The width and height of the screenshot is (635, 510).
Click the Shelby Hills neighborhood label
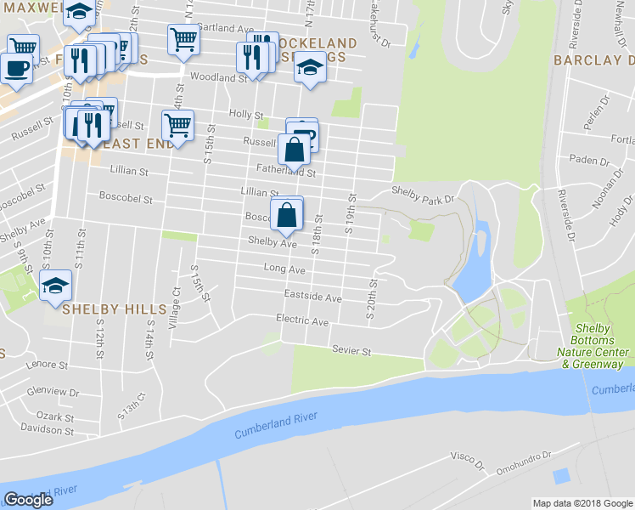click(x=104, y=309)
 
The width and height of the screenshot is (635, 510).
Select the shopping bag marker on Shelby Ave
click(x=287, y=216)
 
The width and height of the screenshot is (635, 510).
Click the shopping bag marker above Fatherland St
click(x=294, y=151)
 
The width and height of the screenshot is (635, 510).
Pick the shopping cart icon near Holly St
click(x=177, y=126)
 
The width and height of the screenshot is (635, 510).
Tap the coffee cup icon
click(x=15, y=66)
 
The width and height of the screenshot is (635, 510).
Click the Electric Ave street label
click(x=302, y=321)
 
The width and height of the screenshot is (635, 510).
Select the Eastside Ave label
click(x=313, y=298)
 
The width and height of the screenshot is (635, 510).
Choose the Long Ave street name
click(x=284, y=269)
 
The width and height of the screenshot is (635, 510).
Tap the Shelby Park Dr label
click(x=423, y=194)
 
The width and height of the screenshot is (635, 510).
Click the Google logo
click(x=29, y=499)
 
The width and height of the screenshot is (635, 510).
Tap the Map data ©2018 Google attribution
click(x=582, y=503)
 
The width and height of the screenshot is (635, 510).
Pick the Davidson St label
click(x=49, y=429)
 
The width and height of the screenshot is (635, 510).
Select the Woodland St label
click(x=218, y=77)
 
